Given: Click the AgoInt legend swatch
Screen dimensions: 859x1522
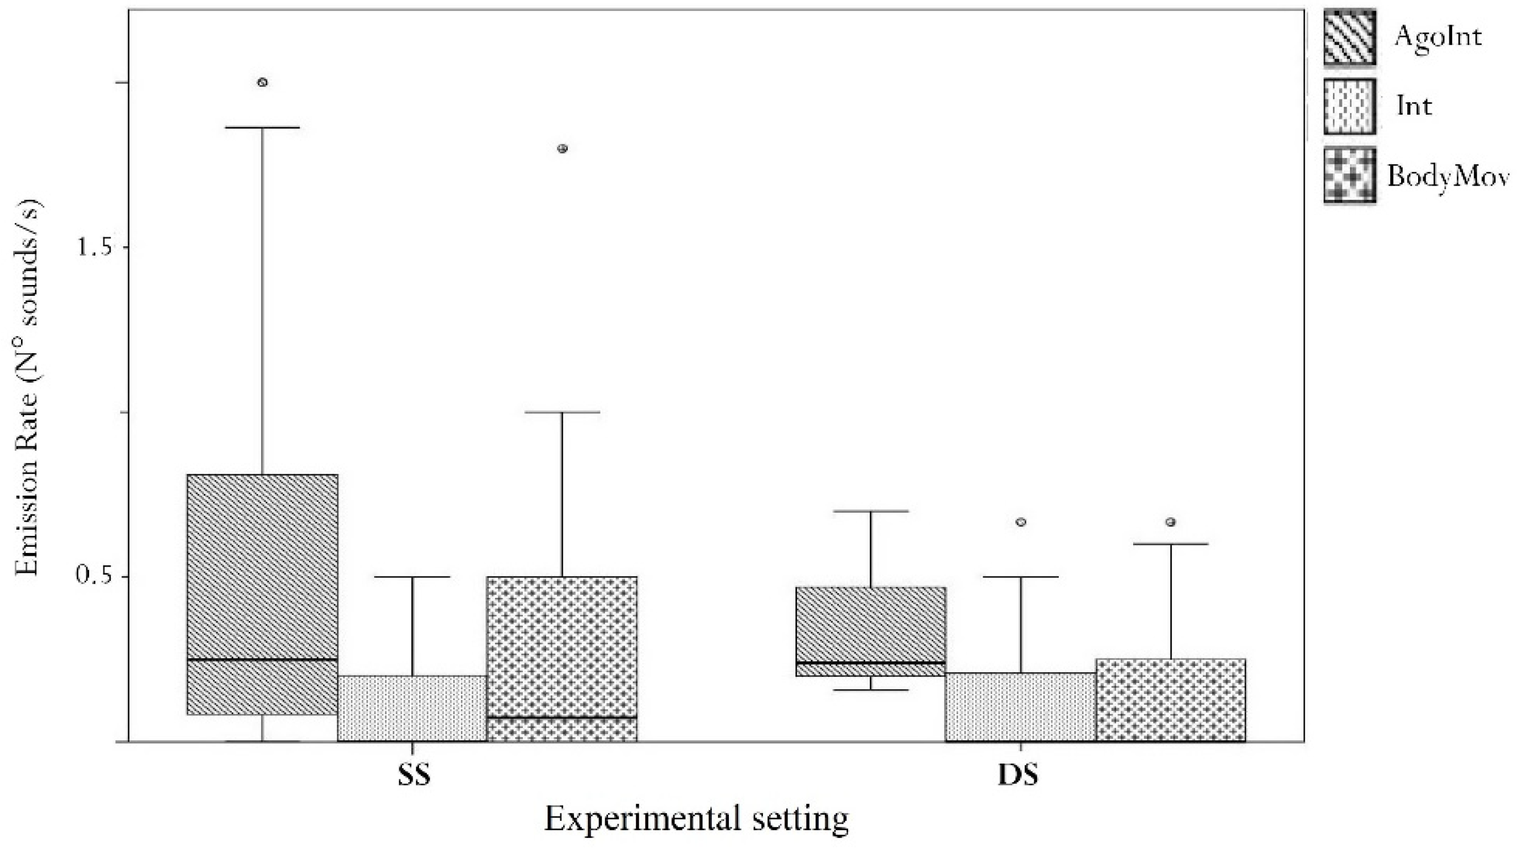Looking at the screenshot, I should pos(1349,37).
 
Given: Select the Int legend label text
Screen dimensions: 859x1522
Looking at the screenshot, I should pos(1414,106).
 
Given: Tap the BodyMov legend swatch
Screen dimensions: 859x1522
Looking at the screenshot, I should pos(1349,175).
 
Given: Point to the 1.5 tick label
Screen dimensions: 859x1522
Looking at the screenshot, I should pos(95,248).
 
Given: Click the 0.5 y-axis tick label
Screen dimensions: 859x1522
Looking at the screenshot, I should pos(95,576).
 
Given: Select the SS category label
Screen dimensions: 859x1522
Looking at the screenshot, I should pos(414,776).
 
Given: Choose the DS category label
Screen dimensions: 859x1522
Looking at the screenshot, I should pos(1018,776).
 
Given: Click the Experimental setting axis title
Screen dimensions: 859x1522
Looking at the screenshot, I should pos(696,820).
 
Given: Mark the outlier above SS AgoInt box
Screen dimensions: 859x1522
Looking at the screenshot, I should pos(262,82).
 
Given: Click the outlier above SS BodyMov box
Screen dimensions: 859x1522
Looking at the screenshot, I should pos(563,148).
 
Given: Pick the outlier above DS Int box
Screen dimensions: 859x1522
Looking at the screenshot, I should pos(1021,522).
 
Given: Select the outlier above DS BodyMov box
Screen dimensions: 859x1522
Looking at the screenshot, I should pos(1171,522).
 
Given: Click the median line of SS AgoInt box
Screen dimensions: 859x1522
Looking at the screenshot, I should pos(262,659).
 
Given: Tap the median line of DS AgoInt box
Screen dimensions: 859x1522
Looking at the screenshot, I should pos(871,662).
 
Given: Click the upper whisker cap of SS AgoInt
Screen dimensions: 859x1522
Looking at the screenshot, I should pos(262,127).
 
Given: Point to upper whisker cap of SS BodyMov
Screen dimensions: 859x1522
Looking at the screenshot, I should pos(563,412).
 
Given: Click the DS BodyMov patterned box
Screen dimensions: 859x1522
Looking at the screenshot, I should pos(1171,700).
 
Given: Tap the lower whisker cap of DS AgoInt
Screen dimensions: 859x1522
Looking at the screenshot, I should pos(871,689).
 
